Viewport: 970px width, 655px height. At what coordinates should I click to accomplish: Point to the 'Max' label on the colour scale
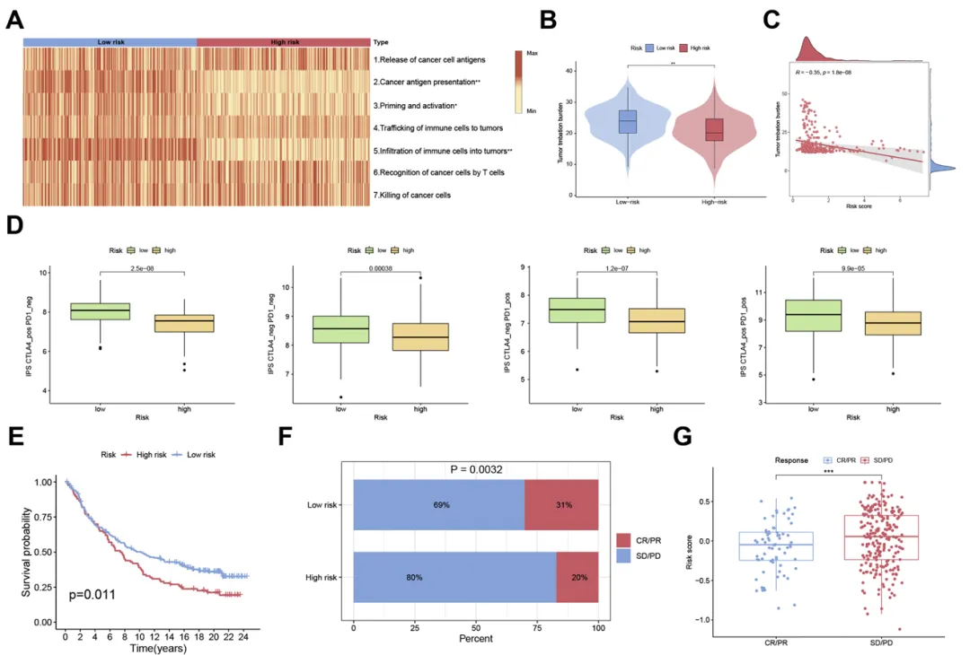click(x=532, y=54)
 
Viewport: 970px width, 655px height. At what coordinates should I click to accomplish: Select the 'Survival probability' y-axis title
click(x=28, y=552)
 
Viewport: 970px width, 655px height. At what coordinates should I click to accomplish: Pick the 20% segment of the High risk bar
click(x=578, y=577)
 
